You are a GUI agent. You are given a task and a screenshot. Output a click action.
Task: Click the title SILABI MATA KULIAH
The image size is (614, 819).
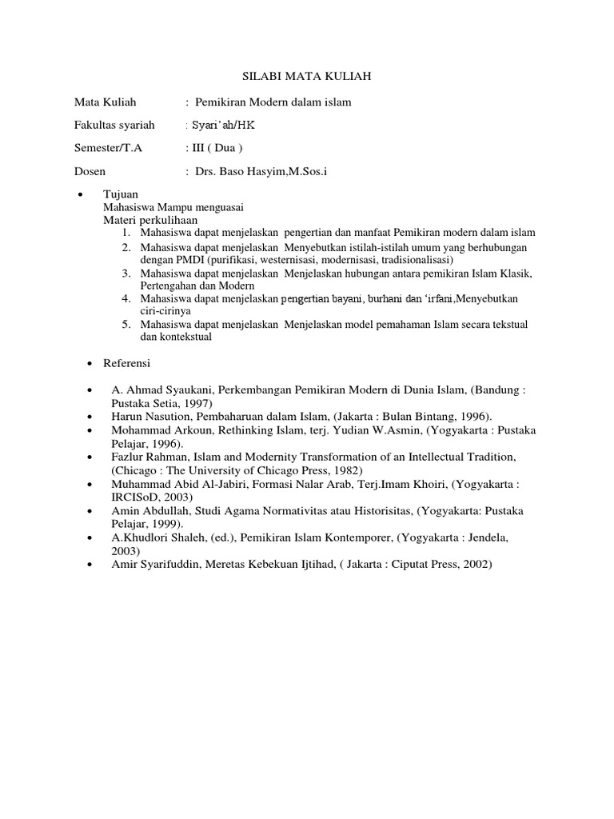pyautogui.click(x=307, y=77)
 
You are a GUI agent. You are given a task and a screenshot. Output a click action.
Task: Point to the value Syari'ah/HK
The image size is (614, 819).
pyautogui.click(x=225, y=126)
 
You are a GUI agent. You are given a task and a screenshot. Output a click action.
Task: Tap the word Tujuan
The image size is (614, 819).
pyautogui.click(x=120, y=194)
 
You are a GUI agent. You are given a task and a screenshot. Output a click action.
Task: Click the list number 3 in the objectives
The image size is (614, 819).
pyautogui.click(x=126, y=274)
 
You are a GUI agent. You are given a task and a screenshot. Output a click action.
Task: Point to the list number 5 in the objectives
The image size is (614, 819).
pyautogui.click(x=126, y=324)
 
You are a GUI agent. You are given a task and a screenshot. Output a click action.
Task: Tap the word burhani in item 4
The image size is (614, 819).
pyautogui.click(x=393, y=298)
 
